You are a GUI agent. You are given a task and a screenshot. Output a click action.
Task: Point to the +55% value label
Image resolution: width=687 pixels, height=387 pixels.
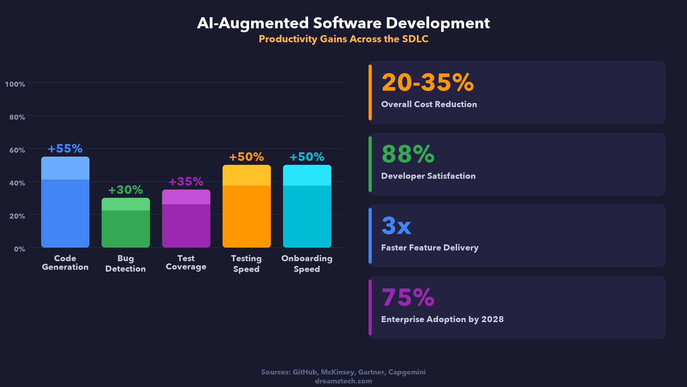pyautogui.click(x=65, y=148)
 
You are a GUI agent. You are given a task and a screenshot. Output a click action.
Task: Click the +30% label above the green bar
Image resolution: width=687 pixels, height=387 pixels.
pyautogui.click(x=126, y=190)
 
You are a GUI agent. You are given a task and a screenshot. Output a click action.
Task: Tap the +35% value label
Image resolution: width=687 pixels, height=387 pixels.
pyautogui.click(x=186, y=181)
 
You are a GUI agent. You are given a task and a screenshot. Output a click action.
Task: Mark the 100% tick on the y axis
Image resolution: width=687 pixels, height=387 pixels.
pyautogui.click(x=15, y=84)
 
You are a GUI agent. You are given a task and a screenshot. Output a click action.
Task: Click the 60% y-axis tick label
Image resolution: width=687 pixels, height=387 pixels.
pyautogui.click(x=17, y=150)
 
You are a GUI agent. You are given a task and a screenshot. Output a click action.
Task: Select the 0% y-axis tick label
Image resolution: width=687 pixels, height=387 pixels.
pyautogui.click(x=19, y=249)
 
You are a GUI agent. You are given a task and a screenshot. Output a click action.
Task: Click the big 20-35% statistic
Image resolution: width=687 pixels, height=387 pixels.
pyautogui.click(x=428, y=82)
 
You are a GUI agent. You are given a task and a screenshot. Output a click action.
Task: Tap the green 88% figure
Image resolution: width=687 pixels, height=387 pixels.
pyautogui.click(x=408, y=154)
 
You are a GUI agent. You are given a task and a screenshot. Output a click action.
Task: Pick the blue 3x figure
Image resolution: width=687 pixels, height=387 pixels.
pyautogui.click(x=396, y=226)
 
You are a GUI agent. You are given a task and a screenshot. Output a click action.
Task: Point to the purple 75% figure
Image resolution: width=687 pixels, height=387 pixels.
pyautogui.click(x=408, y=297)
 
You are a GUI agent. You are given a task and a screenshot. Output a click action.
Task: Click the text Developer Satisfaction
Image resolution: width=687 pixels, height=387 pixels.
pyautogui.click(x=428, y=176)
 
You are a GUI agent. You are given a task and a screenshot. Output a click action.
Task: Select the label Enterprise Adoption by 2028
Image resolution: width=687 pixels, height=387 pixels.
pyautogui.click(x=442, y=319)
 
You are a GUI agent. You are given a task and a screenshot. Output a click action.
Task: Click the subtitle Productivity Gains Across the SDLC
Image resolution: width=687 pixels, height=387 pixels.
pyautogui.click(x=343, y=39)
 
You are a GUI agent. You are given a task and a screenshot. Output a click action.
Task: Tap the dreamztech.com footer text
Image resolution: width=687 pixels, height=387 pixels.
pyautogui.click(x=343, y=381)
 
